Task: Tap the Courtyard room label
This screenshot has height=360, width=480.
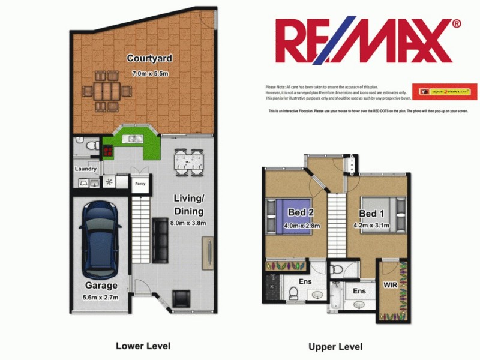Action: coord(150,58)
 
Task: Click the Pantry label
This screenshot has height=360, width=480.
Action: coord(140,184)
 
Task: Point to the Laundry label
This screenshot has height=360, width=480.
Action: coord(85,169)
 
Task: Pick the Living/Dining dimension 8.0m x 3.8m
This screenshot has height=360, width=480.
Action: coord(188,223)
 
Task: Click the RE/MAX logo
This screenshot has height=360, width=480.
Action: coord(367,41)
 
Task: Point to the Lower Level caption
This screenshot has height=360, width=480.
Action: coord(143,346)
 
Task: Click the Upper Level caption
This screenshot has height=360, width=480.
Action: coord(335,346)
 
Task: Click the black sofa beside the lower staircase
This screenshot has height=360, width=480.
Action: coord(160,239)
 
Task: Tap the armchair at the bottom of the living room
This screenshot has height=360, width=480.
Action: coord(181,298)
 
